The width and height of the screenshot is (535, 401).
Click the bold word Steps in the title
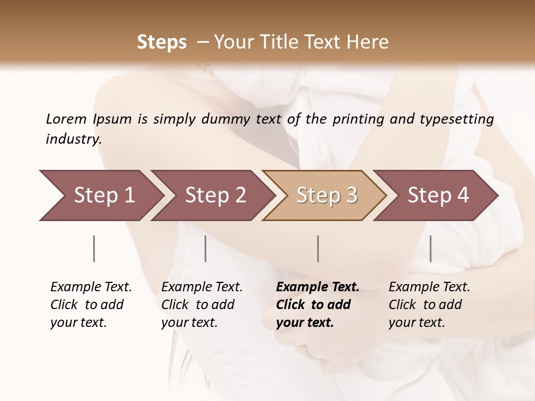pyautogui.click(x=162, y=42)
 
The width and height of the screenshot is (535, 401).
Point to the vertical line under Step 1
pyautogui.click(x=94, y=248)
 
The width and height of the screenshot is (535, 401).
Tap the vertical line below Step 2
pyautogui.click(x=206, y=248)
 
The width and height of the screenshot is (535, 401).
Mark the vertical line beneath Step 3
pyautogui.click(x=318, y=248)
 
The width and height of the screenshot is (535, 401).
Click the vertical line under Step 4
pyautogui.click(x=430, y=248)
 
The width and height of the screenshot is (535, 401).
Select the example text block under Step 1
pyautogui.click(x=91, y=305)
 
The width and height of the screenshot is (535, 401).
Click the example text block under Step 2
pyautogui.click(x=202, y=305)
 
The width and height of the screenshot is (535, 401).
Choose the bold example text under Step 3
pyautogui.click(x=318, y=305)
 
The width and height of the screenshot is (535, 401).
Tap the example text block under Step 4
pyautogui.click(x=429, y=305)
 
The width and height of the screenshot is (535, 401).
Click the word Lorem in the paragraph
pyautogui.click(x=66, y=119)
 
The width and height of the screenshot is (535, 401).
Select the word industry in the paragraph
pyautogui.click(x=74, y=139)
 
